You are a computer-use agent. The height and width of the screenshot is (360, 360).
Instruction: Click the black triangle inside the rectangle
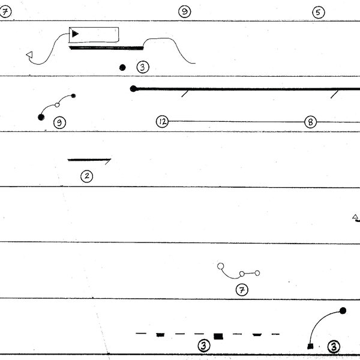[75, 34]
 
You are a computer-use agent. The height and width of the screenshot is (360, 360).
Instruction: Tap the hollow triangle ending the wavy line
[29, 56]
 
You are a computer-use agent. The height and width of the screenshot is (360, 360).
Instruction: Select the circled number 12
[161, 121]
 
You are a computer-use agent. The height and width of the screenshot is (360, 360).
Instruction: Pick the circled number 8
[310, 121]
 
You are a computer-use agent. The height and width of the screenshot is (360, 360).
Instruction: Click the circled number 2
[87, 176]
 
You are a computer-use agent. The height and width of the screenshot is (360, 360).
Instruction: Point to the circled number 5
[318, 12]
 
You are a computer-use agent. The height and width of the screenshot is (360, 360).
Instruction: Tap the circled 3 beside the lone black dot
[142, 67]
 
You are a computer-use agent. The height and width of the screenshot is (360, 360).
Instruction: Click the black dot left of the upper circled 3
[122, 68]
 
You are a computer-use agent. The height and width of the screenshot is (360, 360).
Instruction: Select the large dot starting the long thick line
[133, 89]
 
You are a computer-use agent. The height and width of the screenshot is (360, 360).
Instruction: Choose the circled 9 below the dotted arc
[59, 123]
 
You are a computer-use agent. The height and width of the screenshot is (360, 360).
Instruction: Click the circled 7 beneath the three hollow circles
[241, 290]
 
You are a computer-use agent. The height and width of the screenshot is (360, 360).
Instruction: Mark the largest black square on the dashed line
[218, 336]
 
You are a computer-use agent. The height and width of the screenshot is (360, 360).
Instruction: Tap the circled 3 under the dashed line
[204, 346]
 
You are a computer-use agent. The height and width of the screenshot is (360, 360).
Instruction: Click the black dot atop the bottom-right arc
[343, 311]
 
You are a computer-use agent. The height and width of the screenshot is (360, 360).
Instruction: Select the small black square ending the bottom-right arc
[310, 346]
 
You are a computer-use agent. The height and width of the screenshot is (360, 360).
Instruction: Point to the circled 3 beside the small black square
[334, 346]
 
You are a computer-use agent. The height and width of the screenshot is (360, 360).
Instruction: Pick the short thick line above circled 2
[89, 160]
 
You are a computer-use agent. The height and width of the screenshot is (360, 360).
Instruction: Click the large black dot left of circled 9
[41, 117]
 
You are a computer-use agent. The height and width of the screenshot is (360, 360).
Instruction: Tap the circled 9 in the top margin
[185, 12]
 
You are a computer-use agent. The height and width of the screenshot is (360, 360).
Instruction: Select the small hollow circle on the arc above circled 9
[58, 105]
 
